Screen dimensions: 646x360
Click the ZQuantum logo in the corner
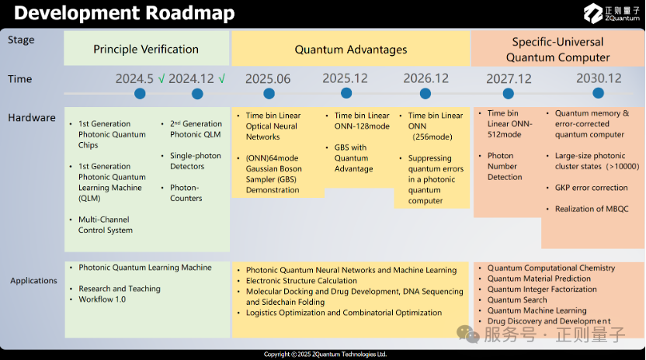(x=611, y=12)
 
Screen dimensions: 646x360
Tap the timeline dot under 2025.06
(x=269, y=94)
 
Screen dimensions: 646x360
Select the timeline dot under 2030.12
(x=598, y=93)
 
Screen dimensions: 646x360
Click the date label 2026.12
(x=425, y=78)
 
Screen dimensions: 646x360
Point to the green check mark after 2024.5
(x=161, y=78)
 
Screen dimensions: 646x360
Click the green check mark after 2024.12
(x=221, y=78)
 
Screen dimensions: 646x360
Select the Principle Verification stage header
(x=146, y=49)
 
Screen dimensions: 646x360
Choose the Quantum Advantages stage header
(x=351, y=49)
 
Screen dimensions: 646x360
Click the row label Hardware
(x=32, y=118)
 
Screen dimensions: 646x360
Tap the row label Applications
(x=34, y=281)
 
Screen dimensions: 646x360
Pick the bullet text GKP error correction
(x=591, y=188)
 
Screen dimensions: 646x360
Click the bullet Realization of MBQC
(x=592, y=209)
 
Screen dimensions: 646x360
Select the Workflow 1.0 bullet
(x=102, y=299)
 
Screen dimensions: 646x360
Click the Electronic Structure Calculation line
(x=301, y=281)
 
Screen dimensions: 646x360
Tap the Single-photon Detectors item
(x=196, y=161)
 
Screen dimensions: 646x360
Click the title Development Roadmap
(x=124, y=12)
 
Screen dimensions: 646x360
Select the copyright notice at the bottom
(x=325, y=355)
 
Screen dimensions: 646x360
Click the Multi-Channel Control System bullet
(x=106, y=225)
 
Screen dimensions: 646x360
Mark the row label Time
(x=19, y=78)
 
